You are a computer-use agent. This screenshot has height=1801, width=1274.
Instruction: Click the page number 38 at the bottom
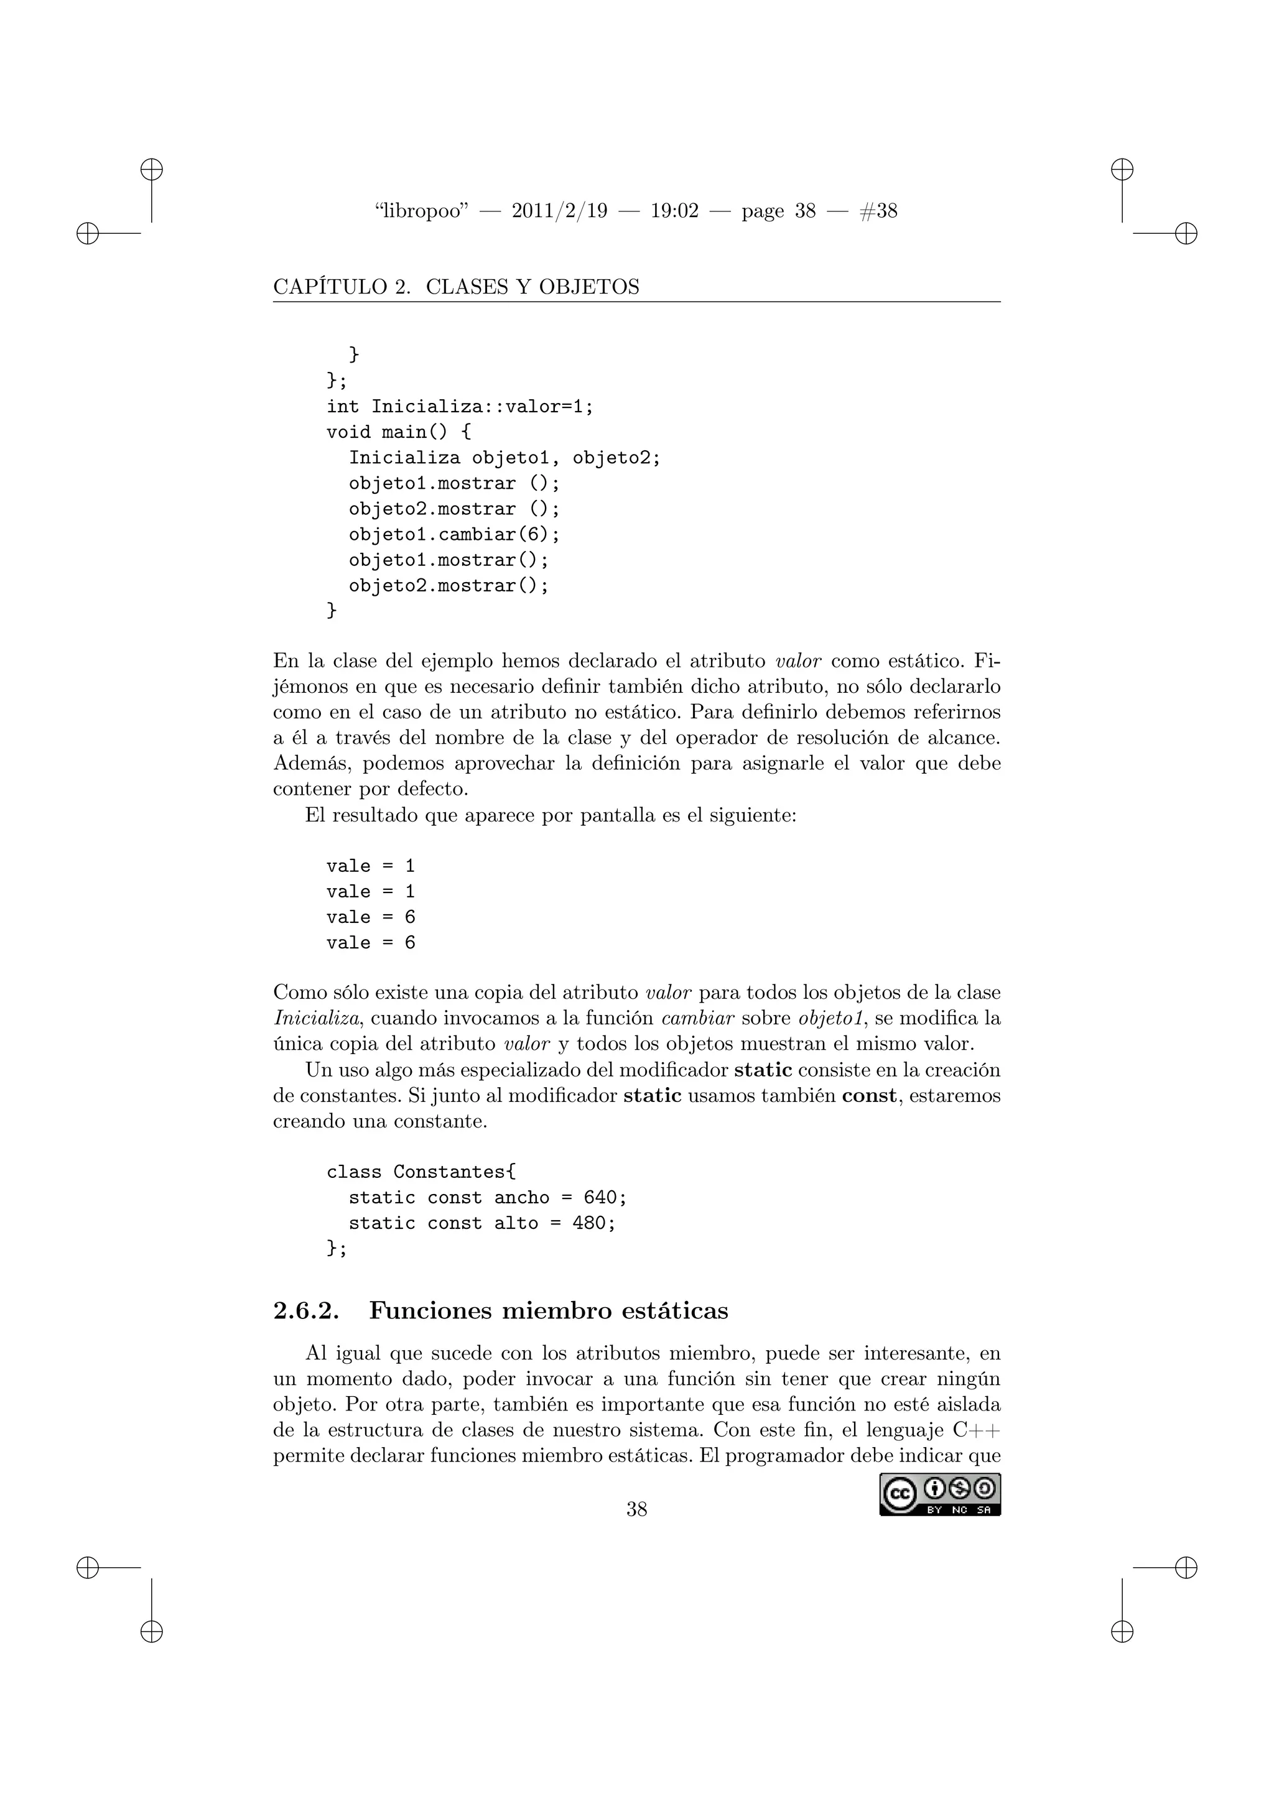pyautogui.click(x=636, y=1509)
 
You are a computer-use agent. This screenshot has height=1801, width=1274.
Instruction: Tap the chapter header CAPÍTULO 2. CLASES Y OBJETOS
pyautogui.click(x=456, y=287)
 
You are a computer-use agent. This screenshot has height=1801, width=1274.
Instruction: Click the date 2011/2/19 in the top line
pyautogui.click(x=559, y=211)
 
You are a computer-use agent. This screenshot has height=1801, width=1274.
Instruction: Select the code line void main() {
pyautogui.click(x=399, y=432)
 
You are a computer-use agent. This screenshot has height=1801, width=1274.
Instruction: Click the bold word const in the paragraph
pyautogui.click(x=868, y=1096)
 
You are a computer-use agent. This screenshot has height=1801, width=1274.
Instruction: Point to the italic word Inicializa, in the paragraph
pyautogui.click(x=317, y=1019)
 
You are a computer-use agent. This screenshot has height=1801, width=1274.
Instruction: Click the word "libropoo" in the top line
pyautogui.click(x=421, y=211)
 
